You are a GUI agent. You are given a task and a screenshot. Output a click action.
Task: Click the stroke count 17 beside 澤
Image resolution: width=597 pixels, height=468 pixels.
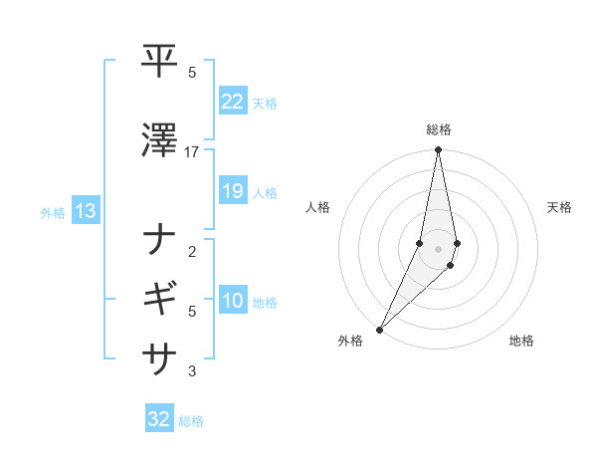[x=192, y=152]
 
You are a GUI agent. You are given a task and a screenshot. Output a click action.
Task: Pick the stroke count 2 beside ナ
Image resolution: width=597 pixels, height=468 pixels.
[x=192, y=252]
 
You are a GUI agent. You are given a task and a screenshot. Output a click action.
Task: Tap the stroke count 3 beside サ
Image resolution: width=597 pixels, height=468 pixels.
[x=192, y=371]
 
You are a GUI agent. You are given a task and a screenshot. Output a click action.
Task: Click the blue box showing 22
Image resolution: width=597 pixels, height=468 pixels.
[x=232, y=102]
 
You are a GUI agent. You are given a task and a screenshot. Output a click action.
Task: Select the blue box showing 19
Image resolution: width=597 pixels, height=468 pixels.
[x=232, y=191]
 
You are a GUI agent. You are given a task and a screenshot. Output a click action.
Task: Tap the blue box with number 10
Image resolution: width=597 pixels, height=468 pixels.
[x=232, y=301]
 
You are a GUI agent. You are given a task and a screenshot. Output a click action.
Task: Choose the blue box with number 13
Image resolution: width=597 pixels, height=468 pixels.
[x=85, y=211]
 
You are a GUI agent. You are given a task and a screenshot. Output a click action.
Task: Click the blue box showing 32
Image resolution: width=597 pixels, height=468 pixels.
[x=159, y=419]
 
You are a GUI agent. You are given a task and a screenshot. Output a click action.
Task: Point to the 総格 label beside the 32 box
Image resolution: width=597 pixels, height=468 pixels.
[x=191, y=421]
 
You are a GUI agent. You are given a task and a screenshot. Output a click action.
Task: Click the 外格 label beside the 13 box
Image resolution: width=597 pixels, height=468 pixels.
[x=53, y=212]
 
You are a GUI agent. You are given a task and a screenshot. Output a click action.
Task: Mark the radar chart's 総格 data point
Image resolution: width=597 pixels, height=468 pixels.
[x=438, y=150]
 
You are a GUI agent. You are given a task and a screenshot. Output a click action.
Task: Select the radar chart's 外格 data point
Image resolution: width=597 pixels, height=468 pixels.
[x=379, y=329]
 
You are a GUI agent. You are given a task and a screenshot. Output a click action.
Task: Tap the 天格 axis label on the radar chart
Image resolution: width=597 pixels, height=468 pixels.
[x=559, y=207]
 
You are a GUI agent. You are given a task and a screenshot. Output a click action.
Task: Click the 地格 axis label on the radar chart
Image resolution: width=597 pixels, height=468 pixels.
[x=521, y=341]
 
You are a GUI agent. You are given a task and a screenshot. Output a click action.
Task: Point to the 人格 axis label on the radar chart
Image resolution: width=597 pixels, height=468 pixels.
[x=317, y=207]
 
